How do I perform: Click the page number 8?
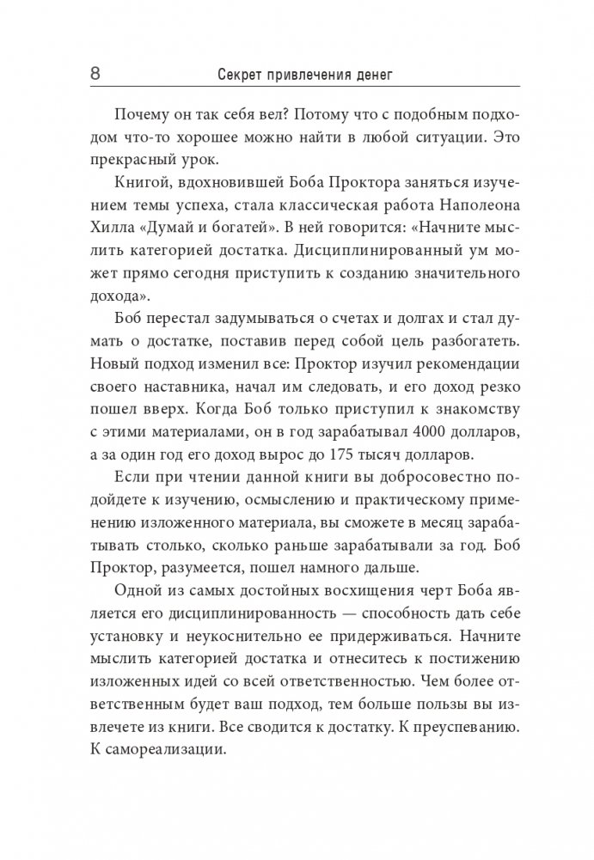tap(95, 75)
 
